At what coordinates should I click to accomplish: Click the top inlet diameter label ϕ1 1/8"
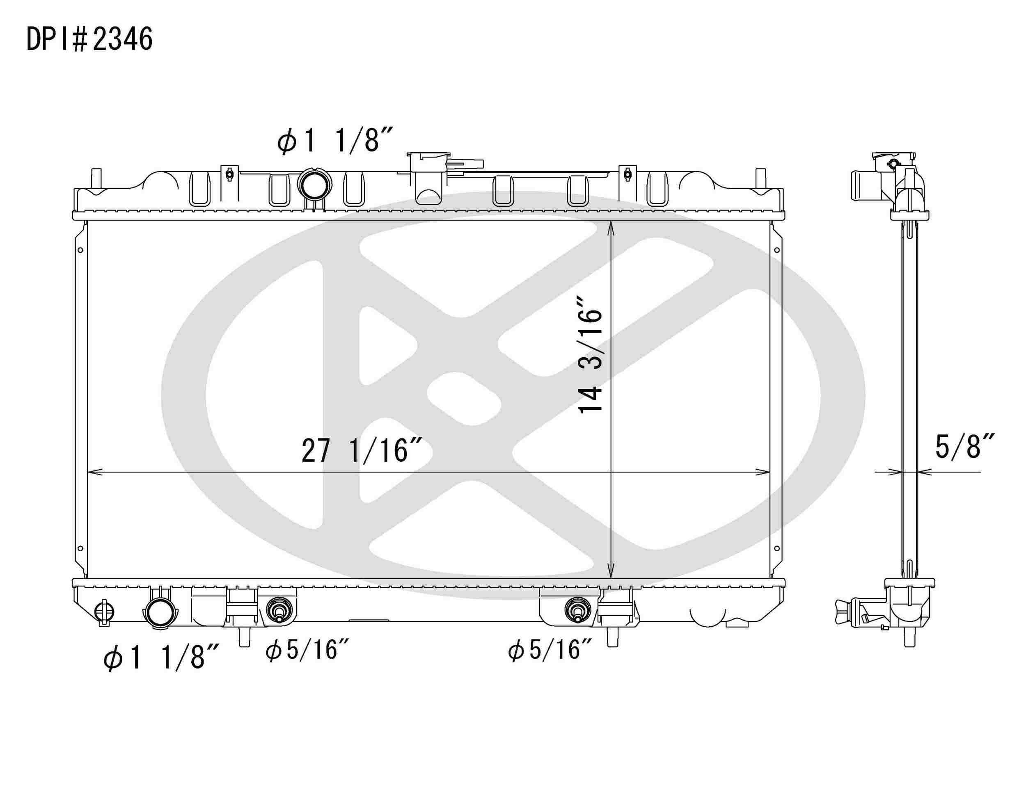334,140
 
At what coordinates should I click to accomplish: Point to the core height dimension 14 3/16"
590,354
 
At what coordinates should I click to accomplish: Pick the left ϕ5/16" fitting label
307,650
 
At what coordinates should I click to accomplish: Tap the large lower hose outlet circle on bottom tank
160,613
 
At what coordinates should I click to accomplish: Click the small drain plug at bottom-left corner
104,612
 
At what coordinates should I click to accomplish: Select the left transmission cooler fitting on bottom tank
279,610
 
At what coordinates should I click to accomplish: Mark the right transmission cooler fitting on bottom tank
577,610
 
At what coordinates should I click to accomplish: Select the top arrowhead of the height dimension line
611,226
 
